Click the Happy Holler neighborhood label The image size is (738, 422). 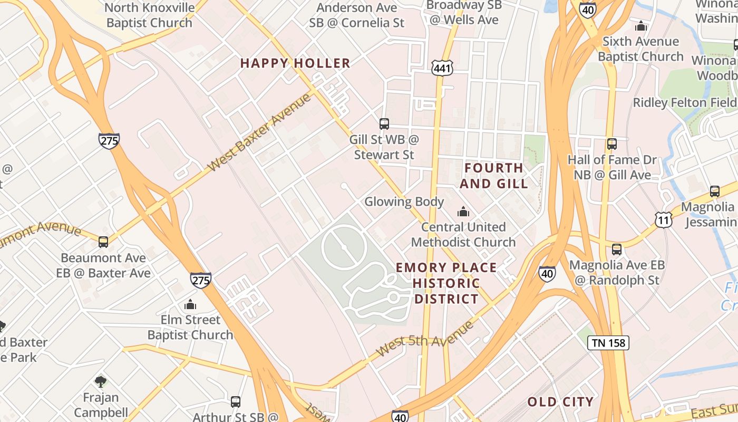[x=295, y=63]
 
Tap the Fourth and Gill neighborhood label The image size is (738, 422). [x=494, y=176]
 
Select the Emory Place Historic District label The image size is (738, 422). [x=446, y=283]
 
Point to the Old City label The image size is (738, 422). [x=560, y=402]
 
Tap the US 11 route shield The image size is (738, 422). [x=664, y=219]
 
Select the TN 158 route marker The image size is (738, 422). [x=608, y=343]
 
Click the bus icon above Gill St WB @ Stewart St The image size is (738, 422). [x=384, y=124]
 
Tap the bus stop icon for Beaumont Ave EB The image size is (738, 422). [x=103, y=242]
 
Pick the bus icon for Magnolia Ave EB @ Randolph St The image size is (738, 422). [x=616, y=250]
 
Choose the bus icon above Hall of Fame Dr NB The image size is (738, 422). [x=611, y=144]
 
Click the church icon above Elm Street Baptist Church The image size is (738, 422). [x=190, y=304]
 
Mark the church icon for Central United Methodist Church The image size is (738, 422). [x=463, y=212]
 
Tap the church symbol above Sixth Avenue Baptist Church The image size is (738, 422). [x=640, y=25]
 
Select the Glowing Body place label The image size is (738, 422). [x=404, y=202]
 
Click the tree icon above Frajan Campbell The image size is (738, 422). [x=101, y=381]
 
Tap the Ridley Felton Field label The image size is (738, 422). [x=684, y=102]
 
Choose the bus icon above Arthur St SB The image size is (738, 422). [x=236, y=402]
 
